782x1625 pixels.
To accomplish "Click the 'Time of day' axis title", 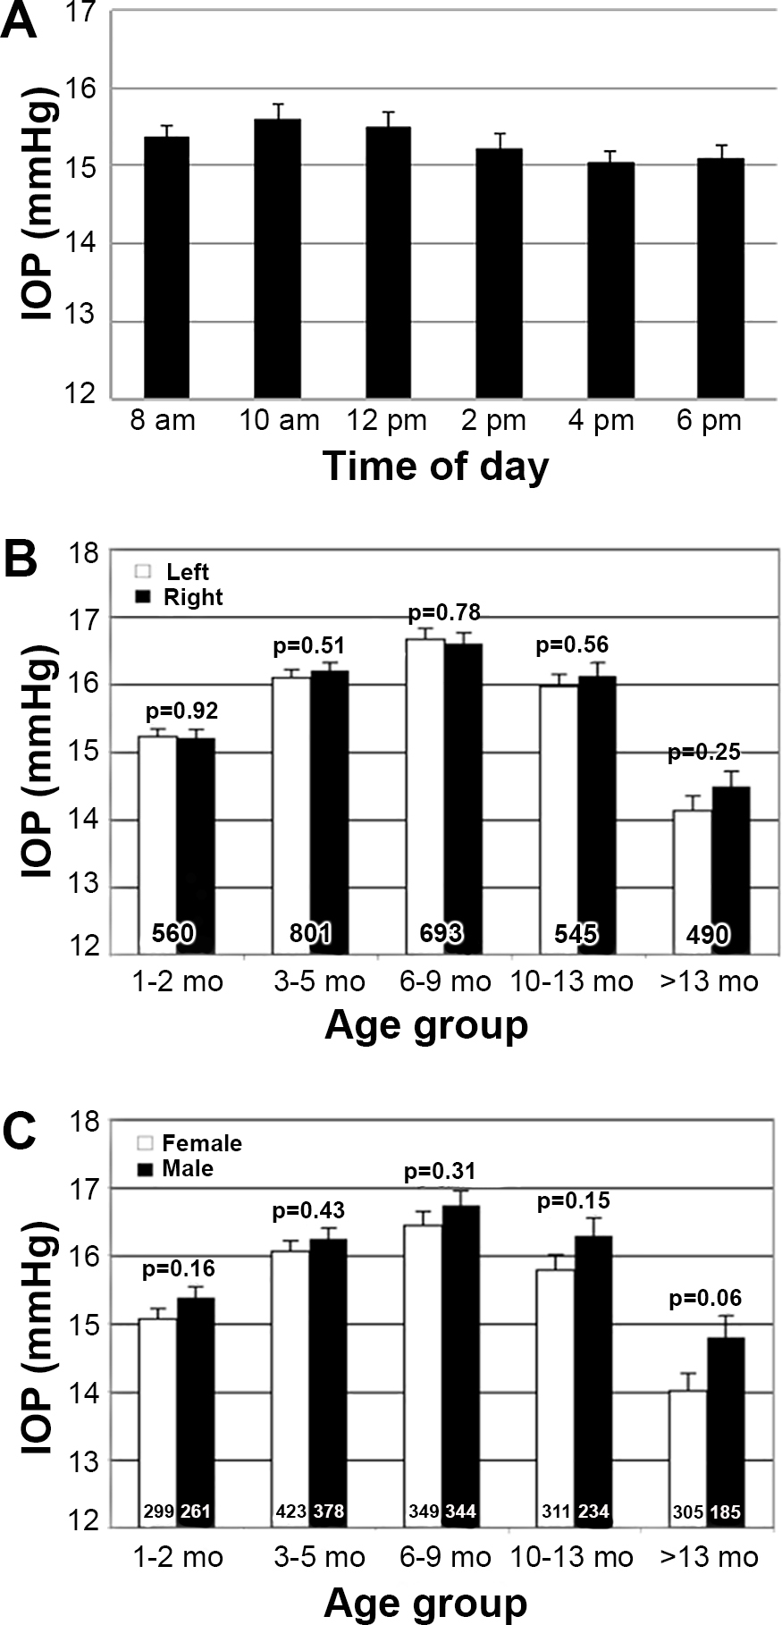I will click(x=435, y=466).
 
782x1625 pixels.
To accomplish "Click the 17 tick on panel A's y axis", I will click(x=88, y=13).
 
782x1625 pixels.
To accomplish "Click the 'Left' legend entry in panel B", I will click(x=188, y=572).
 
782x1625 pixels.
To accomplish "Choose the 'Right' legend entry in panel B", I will click(x=193, y=596).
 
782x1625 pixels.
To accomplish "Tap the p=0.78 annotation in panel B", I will click(x=444, y=613).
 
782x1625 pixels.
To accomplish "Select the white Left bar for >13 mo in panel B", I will click(x=693, y=880).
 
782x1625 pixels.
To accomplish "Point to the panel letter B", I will click(x=20, y=560).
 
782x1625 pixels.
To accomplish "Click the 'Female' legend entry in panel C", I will click(x=202, y=1143).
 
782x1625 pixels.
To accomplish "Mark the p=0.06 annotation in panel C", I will click(x=707, y=1299).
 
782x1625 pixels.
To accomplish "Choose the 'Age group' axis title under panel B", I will click(x=426, y=1024).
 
